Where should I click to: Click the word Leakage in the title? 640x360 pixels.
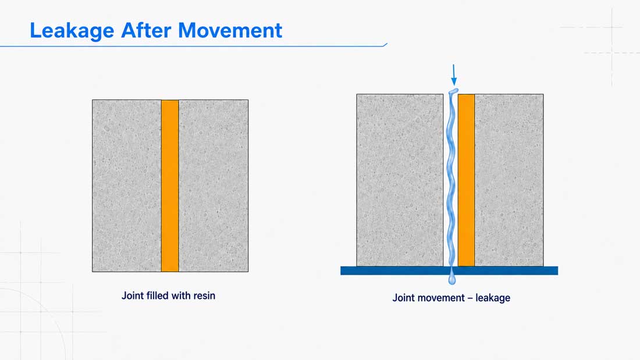72,31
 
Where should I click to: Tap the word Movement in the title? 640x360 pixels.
230,30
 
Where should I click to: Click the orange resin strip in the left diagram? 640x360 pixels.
170,186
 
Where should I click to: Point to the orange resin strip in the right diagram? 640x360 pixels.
466,180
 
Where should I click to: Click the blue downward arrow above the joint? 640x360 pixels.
453,74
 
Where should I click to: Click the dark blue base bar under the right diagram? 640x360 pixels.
449,270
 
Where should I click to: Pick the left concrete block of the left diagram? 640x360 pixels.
126,186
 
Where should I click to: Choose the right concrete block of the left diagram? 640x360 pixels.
214,186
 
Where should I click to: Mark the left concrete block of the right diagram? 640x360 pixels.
400,180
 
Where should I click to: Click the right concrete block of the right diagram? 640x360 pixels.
509,180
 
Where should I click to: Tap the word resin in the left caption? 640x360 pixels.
204,295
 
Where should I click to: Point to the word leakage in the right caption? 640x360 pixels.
493,298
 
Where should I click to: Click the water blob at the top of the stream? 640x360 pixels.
453,91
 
